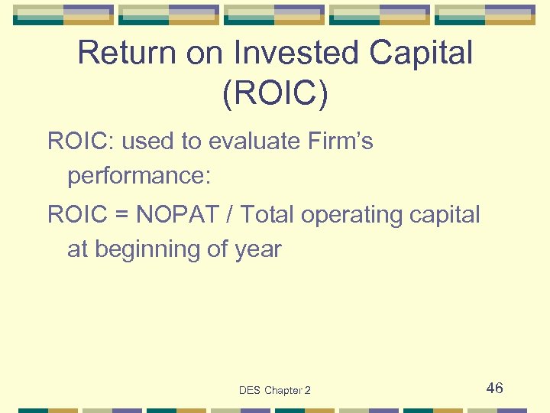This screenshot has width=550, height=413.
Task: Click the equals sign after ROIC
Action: pos(121,215)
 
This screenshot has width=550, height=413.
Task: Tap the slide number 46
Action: pos(495,389)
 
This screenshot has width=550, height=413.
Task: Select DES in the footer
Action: pos(250,391)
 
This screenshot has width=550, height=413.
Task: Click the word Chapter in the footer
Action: pos(283,391)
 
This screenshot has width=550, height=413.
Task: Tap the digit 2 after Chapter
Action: pos(308,391)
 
